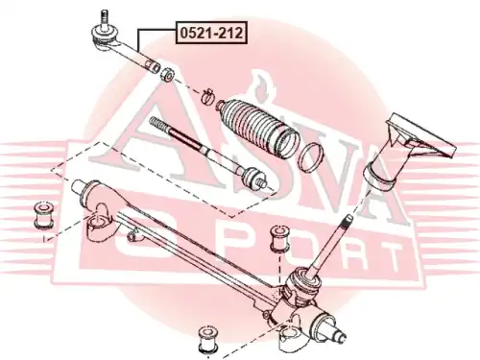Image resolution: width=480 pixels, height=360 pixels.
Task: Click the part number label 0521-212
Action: (x=211, y=33)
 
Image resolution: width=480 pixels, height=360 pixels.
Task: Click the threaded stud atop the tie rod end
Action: (x=104, y=19)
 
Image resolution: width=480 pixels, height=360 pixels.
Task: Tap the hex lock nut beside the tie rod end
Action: (x=167, y=74)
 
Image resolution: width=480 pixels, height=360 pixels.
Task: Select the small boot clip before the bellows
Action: (x=208, y=96)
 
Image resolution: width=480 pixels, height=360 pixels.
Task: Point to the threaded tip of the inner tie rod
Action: (x=159, y=124)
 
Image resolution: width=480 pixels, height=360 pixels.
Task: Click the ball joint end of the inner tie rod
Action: (x=254, y=178)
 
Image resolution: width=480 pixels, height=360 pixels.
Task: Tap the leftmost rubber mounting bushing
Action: (x=43, y=215)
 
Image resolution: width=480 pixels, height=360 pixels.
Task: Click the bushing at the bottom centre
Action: (x=208, y=340)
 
